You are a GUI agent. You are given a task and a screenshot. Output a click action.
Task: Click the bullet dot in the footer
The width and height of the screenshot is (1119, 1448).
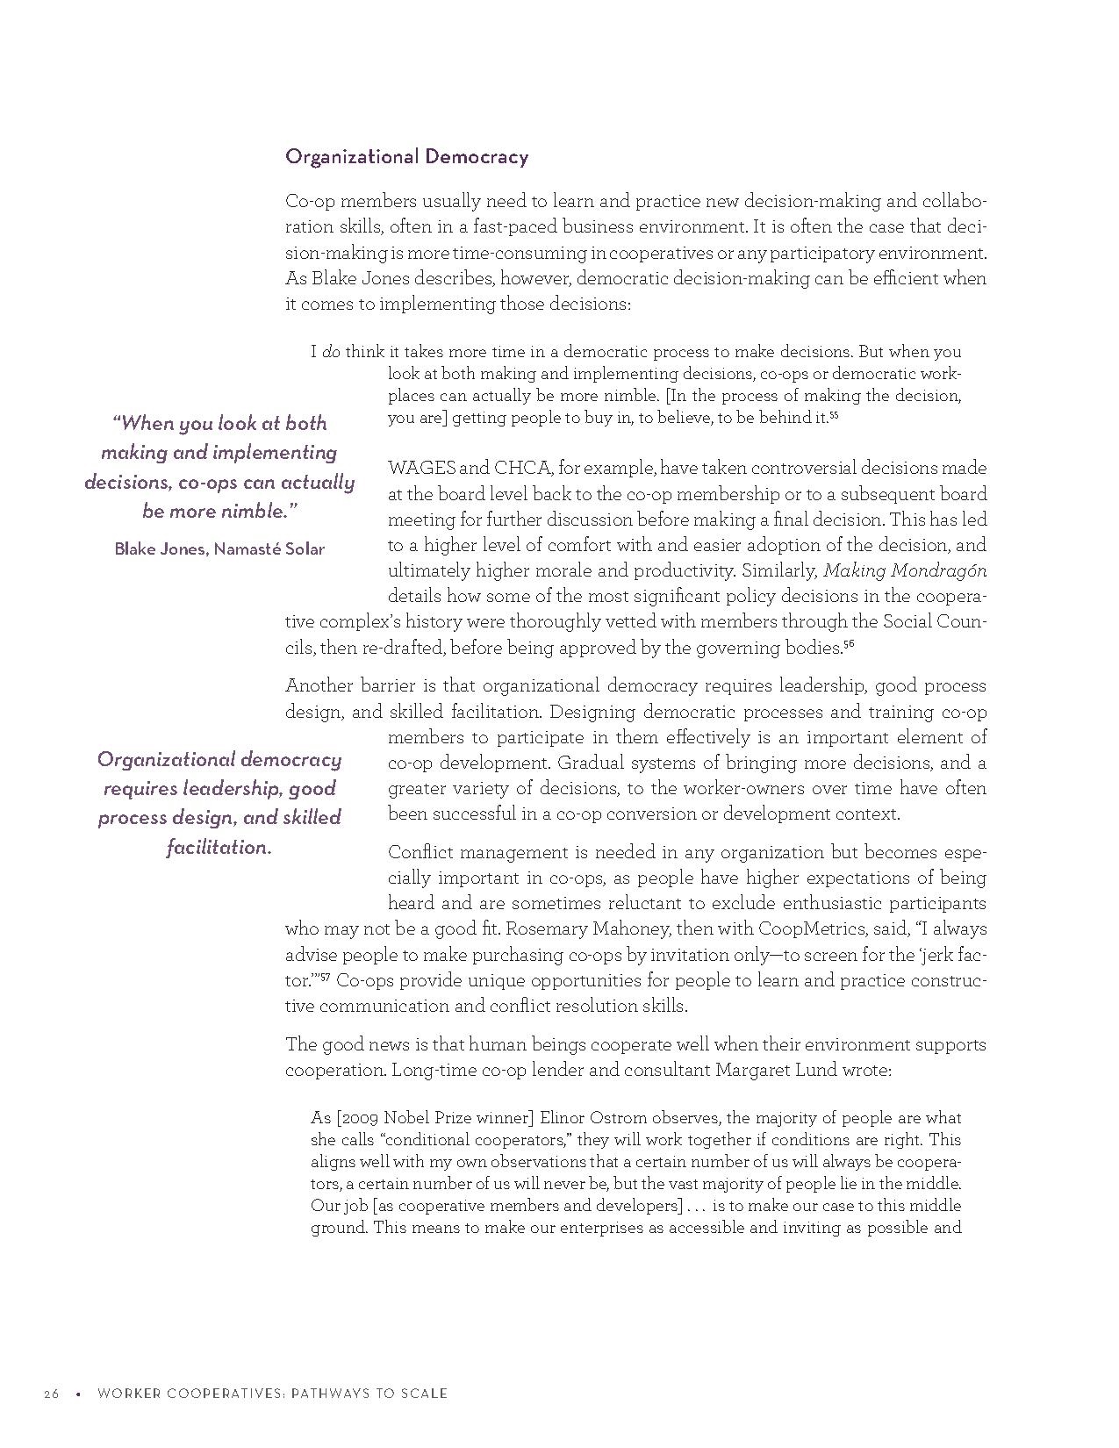click(78, 1394)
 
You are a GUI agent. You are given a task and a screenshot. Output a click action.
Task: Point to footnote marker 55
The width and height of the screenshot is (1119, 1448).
click(834, 415)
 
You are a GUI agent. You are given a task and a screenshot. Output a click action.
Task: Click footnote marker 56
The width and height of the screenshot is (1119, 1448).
click(849, 645)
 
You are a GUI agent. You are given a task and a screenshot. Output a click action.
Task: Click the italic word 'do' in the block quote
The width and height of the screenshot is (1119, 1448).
click(331, 353)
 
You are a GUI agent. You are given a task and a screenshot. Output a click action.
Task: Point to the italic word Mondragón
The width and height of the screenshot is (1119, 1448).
click(938, 571)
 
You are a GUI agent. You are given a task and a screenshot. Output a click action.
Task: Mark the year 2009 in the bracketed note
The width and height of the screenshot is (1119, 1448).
click(359, 1118)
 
